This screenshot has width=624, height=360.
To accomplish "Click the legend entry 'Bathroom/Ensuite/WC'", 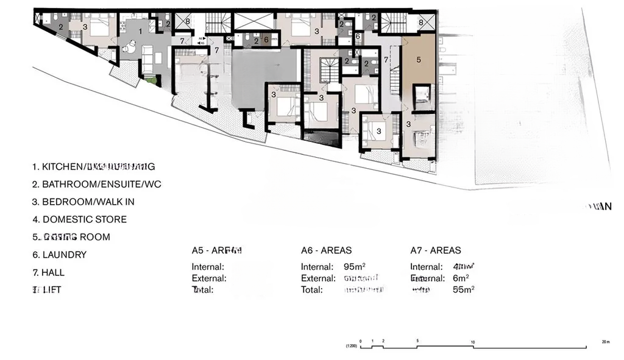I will coord(97,184).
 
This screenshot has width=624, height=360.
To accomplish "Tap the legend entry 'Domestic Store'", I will coord(80,219).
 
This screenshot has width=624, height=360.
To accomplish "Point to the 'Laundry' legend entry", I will coord(60,255).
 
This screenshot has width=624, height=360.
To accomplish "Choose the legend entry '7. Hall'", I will coord(49,272).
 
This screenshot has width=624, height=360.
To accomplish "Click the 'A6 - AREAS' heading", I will coord(326,250).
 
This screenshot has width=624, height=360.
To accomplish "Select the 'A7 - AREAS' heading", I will coord(435,250).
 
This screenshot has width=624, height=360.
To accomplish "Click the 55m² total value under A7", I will coord(463,289).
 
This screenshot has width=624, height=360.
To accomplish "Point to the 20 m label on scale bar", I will coord(604,342).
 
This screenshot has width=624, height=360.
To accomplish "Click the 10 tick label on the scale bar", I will coord(473,342).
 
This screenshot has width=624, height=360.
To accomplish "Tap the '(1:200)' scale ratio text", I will coord(350,347).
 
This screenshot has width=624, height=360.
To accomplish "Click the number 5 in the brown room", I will coord(419,60).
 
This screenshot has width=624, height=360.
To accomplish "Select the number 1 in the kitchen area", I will coord(141,30).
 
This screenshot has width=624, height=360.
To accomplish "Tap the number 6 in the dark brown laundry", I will coord(266,40).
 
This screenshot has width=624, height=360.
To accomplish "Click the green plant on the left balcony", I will coord(151,79).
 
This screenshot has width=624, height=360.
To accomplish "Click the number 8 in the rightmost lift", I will coord(420,23).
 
